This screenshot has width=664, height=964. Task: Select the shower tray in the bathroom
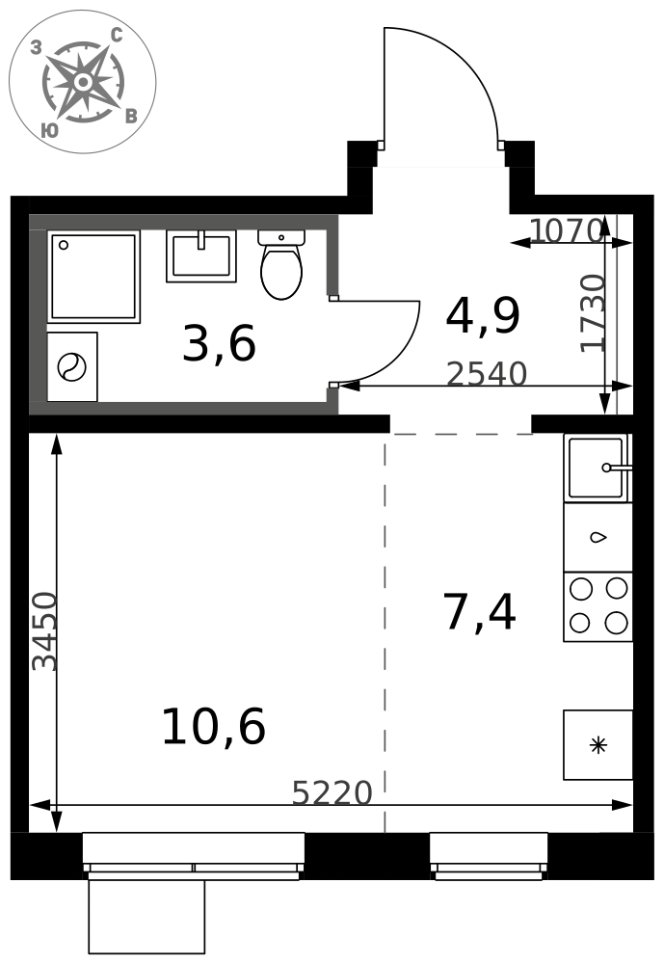(93, 277)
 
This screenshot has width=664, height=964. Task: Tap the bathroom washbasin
(201, 255)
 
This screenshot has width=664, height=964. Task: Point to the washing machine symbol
(72, 367)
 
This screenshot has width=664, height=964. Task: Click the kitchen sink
(597, 468)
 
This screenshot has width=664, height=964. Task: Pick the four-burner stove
(598, 606)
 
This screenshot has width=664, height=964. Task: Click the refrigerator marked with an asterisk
(598, 745)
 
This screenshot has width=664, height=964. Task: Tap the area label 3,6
(219, 344)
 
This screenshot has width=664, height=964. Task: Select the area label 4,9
(483, 315)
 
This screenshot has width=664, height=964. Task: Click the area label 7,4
(480, 612)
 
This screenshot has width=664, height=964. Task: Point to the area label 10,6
(213, 726)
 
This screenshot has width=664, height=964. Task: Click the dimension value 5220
(332, 792)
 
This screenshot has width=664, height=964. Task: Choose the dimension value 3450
(45, 631)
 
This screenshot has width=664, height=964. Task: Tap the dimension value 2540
(487, 373)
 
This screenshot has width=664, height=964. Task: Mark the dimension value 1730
(594, 313)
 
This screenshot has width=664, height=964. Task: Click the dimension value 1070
(565, 230)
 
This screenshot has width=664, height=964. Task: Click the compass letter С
(117, 36)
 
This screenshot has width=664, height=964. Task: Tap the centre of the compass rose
(82, 82)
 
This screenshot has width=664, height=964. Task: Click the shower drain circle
(63, 245)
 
